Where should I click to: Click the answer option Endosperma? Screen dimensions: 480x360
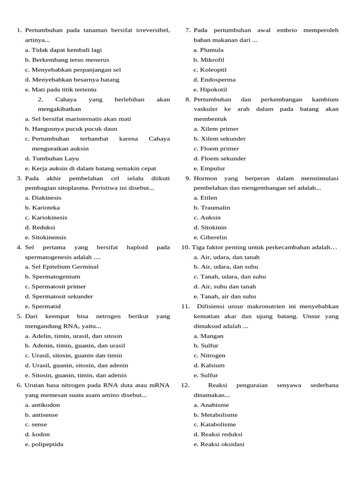pos(218,80)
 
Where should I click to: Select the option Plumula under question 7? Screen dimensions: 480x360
pos(212,50)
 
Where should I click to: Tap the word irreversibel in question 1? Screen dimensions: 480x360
pos(147,30)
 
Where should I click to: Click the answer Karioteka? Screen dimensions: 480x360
pos(45,208)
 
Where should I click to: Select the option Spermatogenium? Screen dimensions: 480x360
pos(56,277)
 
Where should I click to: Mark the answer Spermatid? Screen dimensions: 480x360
pos(46,306)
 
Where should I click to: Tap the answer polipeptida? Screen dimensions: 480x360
pos(47,444)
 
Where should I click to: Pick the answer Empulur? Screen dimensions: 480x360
pos(213,168)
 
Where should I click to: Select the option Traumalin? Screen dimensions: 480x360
pos(215,208)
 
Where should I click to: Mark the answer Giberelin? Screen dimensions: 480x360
pos(214,237)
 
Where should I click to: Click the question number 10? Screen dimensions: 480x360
pos(185,247)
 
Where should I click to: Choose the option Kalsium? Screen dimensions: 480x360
pos(212,365)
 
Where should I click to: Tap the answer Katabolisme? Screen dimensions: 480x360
pos(218,425)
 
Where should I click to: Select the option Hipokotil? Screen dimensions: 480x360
pos(214,90)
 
